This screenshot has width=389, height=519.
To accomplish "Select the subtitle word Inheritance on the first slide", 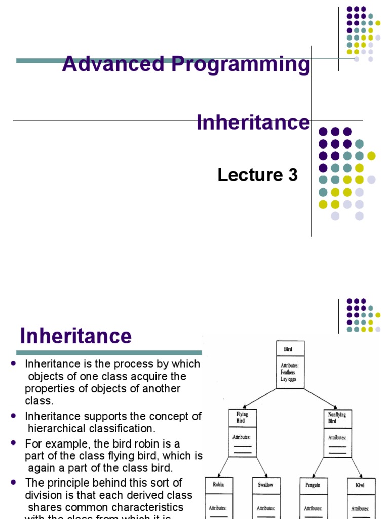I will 253,122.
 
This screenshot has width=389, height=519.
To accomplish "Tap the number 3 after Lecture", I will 293,175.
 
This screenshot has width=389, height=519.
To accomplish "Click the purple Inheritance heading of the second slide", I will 75,336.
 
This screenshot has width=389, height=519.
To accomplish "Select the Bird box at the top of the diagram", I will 290,349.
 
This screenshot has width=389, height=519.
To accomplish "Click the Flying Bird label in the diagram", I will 243,417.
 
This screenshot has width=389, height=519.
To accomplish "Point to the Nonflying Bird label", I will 337,417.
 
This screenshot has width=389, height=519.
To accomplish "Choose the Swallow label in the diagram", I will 265,485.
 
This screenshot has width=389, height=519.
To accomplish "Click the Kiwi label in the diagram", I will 359,485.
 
